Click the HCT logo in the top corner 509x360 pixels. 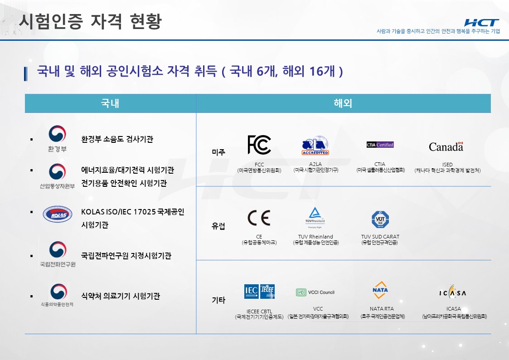[481, 23]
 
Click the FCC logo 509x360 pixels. [259, 145]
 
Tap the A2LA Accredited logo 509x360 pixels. [315, 146]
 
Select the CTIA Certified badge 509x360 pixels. [380, 145]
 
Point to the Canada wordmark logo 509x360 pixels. [446, 146]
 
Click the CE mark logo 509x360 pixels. [259, 218]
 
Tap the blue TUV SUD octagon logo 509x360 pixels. [380, 219]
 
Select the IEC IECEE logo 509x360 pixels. [259, 291]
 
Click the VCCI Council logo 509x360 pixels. [315, 292]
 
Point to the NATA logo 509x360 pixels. [380, 290]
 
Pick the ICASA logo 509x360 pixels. [452, 292]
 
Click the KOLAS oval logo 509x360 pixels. [57, 214]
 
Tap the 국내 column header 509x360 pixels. [110, 103]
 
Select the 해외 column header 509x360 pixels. [343, 103]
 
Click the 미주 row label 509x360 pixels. [218, 152]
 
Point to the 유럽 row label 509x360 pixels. [218, 226]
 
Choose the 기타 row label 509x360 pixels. [218, 300]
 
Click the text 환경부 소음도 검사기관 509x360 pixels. [117, 139]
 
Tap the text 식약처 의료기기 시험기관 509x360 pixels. [120, 297]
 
